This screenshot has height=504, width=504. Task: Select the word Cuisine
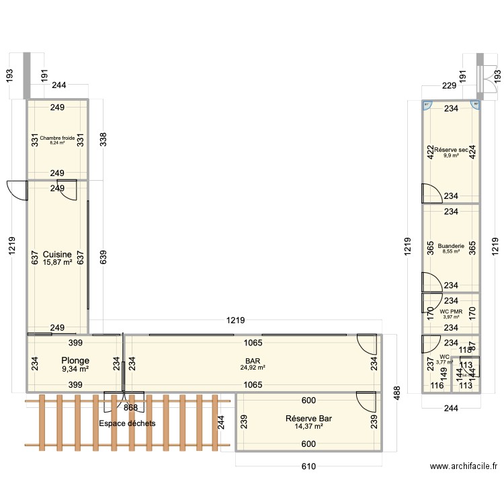[x=57, y=253]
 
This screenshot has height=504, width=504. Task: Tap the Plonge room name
[x=75, y=361]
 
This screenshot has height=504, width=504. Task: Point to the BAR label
[x=253, y=360]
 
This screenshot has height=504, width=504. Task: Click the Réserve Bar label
[x=309, y=418]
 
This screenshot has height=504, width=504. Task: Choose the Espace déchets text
[x=127, y=423]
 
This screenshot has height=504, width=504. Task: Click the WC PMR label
[x=451, y=311]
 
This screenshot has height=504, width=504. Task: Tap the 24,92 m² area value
[x=253, y=368]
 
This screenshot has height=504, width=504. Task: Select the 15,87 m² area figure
[x=57, y=262]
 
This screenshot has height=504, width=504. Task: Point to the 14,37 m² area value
[x=309, y=426]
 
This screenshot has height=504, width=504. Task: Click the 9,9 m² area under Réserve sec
[x=450, y=155]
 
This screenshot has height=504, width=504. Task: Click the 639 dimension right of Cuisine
[x=103, y=257]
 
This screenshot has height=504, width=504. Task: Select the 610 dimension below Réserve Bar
[x=308, y=466]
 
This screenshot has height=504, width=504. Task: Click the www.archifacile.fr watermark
[x=464, y=466]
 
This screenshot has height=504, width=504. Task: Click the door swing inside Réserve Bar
[x=366, y=403]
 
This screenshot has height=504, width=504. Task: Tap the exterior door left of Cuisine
[x=16, y=190]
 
